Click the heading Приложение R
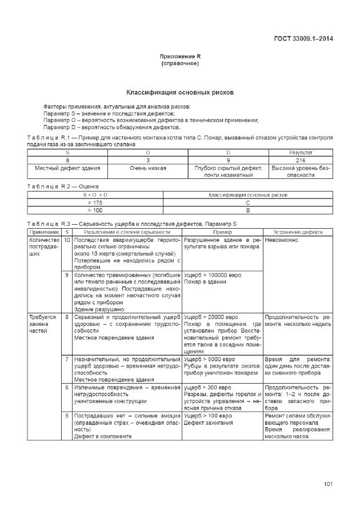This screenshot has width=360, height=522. pyautogui.click(x=180, y=57)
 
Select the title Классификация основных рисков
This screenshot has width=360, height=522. pyautogui.click(x=180, y=92)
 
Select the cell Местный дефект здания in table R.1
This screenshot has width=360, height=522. pyautogui.click(x=67, y=168)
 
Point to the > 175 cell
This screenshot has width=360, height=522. pyautogui.click(x=95, y=202)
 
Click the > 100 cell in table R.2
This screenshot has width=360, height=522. pyautogui.click(x=95, y=210)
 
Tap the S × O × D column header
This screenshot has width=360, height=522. pyautogui.click(x=95, y=195)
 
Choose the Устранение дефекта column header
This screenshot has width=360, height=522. pyautogui.click(x=298, y=232)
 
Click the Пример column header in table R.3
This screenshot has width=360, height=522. pyautogui.click(x=222, y=232)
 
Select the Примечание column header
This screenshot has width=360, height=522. pyautogui.click(x=44, y=232)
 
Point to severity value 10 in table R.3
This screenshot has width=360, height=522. pyautogui.click(x=67, y=240)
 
